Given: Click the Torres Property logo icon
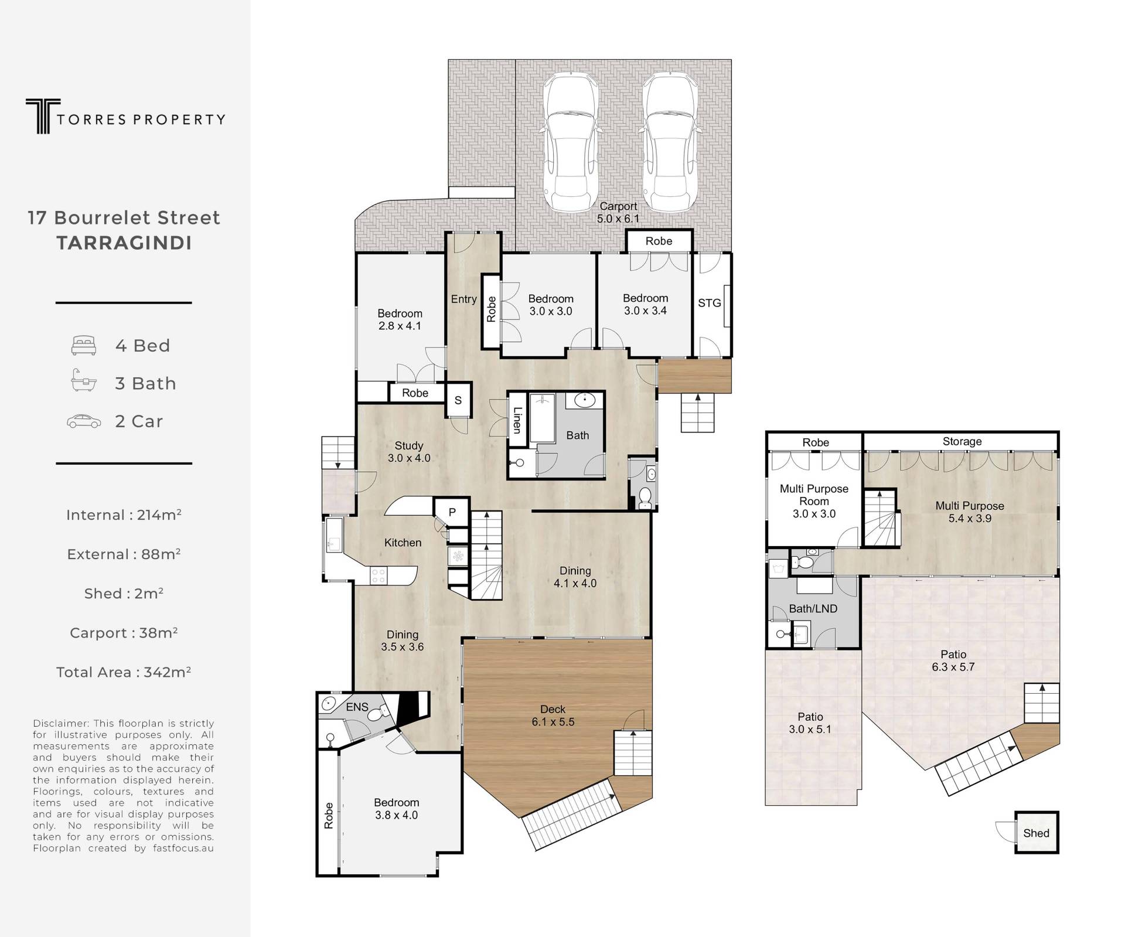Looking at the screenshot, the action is click(x=43, y=116).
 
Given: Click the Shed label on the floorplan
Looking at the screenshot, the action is click(x=1036, y=833).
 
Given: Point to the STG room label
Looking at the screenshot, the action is click(x=709, y=303).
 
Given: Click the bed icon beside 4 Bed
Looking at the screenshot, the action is click(x=83, y=346).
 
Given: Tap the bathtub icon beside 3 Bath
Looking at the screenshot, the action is click(x=83, y=381).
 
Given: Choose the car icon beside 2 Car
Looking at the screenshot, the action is click(x=84, y=421).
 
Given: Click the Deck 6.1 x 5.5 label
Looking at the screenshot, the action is click(x=553, y=715).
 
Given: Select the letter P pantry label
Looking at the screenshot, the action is click(x=452, y=512).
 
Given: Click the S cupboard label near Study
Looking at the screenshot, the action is click(x=458, y=400).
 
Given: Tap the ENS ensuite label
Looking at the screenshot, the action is click(x=357, y=707).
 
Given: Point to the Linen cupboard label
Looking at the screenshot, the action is click(x=517, y=420).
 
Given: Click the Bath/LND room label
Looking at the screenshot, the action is click(x=813, y=609).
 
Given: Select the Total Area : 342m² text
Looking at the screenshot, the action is click(x=124, y=672).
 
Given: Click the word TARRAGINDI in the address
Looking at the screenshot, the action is click(x=124, y=243).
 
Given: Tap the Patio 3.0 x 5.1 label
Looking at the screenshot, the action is click(x=810, y=723).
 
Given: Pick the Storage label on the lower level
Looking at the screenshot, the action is click(x=962, y=441).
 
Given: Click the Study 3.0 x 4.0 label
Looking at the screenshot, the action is click(x=408, y=452).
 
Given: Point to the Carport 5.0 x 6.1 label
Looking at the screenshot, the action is click(x=618, y=212).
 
